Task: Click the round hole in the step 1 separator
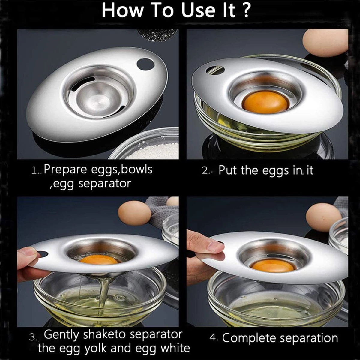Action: click(x=145, y=64)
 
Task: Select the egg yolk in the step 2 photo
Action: click(x=265, y=102)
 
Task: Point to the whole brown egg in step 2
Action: click(x=325, y=43)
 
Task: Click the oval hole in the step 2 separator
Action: click(x=215, y=70)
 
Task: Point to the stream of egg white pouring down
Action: click(x=103, y=291)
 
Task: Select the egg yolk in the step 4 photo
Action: click(x=273, y=266)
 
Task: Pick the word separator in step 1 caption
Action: click(x=104, y=184)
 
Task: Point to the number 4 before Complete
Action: click(x=213, y=337)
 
